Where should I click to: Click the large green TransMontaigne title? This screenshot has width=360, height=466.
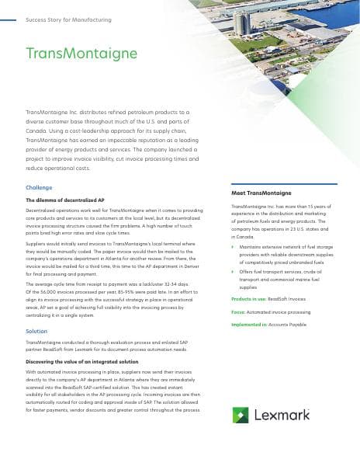pos(81,54)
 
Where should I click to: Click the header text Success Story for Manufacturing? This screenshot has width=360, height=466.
pos(68,19)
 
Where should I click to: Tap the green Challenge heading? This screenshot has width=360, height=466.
pos(39,188)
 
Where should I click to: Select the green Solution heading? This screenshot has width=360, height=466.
pos(36,332)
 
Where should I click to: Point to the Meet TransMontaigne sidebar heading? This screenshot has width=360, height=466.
pos(261,192)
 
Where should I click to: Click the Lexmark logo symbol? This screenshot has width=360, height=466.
pos(240,416)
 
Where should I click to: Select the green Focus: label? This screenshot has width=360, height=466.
pos(239,311)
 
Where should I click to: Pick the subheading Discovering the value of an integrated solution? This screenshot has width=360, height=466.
pos(82,362)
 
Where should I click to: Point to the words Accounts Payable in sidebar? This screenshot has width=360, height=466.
pos(289,324)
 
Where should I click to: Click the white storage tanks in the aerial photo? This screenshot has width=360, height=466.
pos(244,23)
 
